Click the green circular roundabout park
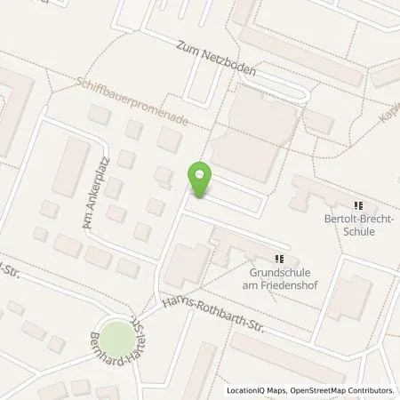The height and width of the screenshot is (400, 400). pyautogui.click(x=114, y=339)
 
